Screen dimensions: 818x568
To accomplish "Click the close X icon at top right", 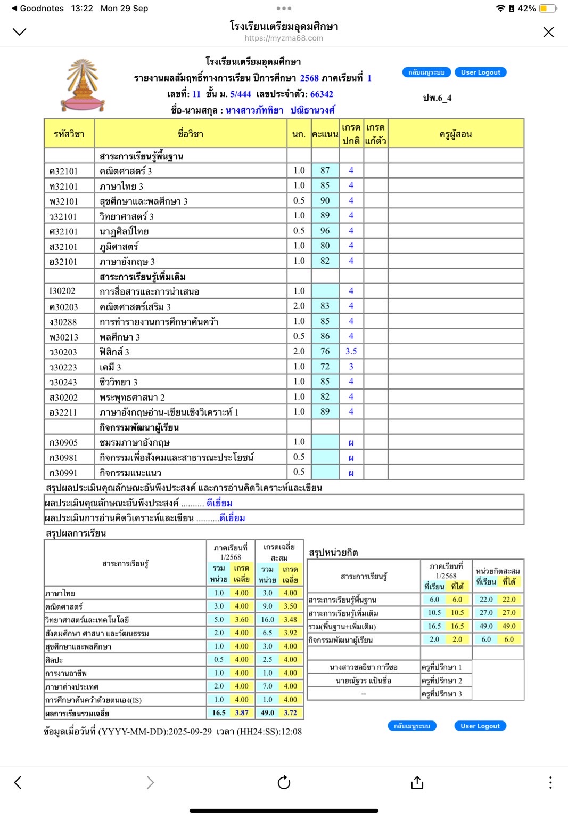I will pos(548,32).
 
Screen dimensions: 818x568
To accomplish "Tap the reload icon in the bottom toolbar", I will pos(284,782).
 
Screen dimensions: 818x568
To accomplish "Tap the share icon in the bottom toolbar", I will pos(417,782).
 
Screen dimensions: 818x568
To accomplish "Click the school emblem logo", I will pos(82,85).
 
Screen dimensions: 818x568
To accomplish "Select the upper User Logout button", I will pos(480,72).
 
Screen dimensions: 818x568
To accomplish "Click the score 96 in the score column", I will pos(325,231).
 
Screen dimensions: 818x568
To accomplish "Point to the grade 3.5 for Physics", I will pos(351,351).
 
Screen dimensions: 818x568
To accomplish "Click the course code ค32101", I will pos(63,171).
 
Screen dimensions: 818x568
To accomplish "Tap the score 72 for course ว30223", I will pos(325,367).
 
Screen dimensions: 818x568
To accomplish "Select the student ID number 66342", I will pos(322,94).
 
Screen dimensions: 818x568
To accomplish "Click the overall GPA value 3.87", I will pos(242,712).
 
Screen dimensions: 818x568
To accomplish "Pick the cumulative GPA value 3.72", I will pos(290,712).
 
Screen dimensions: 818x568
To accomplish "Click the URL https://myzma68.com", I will pos(284,38).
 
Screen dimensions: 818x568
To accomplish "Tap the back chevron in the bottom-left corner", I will pos(18,782).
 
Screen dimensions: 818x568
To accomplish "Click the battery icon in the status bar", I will pos(547,9).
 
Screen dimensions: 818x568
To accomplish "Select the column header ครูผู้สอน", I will pos(456,134).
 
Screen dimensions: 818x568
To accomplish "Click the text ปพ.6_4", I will pos(437,98).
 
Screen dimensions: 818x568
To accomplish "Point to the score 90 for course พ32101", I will pos(325,200).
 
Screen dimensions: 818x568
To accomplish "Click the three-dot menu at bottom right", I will pos(550,782).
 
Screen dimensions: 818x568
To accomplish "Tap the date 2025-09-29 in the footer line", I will pos(190,732).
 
